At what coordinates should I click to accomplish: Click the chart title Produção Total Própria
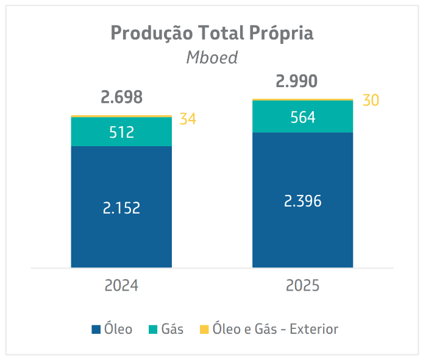(211, 33)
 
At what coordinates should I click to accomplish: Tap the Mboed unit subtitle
(211, 58)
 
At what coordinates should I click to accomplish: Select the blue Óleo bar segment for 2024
(121, 183)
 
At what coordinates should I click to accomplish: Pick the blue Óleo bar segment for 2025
(302, 177)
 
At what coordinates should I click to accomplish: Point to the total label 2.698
(121, 97)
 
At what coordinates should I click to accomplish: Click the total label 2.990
(296, 82)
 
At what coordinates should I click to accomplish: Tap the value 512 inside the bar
(121, 132)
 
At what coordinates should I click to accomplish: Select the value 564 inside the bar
(302, 117)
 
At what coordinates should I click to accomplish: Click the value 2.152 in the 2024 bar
(121, 208)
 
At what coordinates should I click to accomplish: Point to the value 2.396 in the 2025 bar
(302, 201)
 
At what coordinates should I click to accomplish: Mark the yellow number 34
(188, 119)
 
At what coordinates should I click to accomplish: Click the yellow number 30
(371, 101)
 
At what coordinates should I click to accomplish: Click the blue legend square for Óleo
(96, 330)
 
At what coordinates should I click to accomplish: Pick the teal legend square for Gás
(153, 330)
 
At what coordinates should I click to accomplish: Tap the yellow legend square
(204, 330)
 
